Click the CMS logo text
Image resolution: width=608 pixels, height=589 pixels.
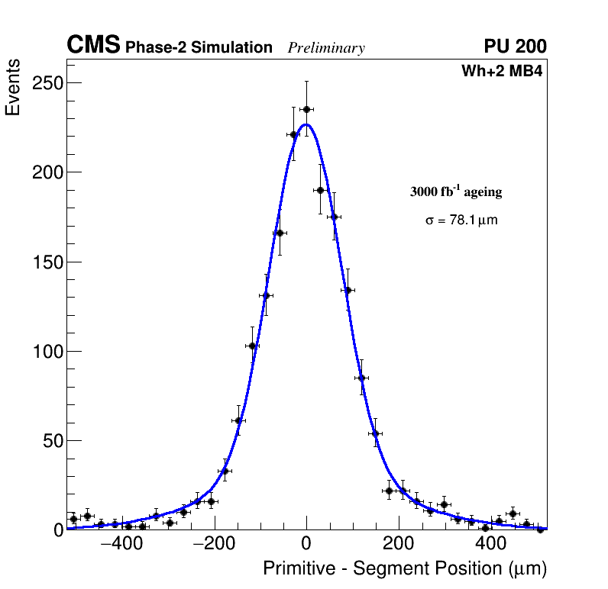pos(93,47)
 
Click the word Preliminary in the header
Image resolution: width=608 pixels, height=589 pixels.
pos(326,49)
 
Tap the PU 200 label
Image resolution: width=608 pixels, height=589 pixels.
pos(515,47)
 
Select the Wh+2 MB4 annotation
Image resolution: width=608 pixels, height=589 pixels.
pos(502,72)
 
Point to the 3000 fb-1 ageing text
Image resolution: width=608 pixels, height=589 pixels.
pos(456,192)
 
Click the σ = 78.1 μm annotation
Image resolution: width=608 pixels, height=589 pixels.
pos(461,220)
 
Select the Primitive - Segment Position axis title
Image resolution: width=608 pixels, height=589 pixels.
pos(405,569)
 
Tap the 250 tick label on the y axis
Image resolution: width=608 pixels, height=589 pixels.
pos(47,82)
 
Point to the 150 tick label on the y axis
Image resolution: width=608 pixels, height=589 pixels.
pos(47,262)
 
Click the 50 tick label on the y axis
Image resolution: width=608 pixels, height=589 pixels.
pos(51,441)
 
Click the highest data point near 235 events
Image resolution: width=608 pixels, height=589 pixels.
pos(306,109)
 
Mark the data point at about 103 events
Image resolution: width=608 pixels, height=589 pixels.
pos(252,346)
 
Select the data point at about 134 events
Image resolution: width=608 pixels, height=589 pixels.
pos(348,290)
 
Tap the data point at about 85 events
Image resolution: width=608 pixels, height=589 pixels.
pos(361,378)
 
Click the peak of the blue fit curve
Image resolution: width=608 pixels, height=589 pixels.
pos(306,124)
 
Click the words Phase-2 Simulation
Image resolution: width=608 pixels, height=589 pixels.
pos(199,48)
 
